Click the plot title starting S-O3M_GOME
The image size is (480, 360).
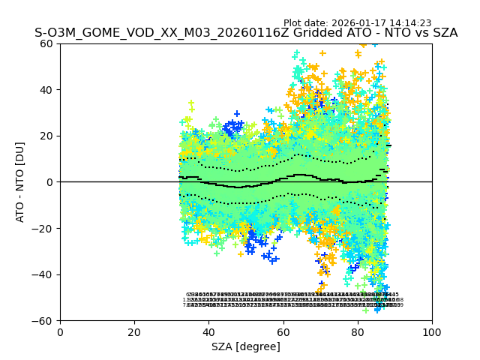pyautogui.click(x=246, y=33)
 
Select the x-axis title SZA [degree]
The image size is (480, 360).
pyautogui.click(x=246, y=346)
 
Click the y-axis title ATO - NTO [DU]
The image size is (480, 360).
pyautogui.click(x=20, y=182)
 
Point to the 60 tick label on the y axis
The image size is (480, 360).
pyautogui.click(x=46, y=43)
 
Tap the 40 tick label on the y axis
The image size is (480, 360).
pyautogui.click(x=46, y=90)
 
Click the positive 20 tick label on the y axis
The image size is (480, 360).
pyautogui.click(x=46, y=136)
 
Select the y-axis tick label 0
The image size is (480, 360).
pyautogui.click(x=49, y=182)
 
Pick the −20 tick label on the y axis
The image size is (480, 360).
pyautogui.click(x=43, y=229)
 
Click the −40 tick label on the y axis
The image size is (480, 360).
pyautogui.click(x=43, y=274)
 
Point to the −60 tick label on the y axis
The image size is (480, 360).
pyautogui.click(x=43, y=321)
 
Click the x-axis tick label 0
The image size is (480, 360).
pyautogui.click(x=60, y=332)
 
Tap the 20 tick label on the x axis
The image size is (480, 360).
pyautogui.click(x=134, y=332)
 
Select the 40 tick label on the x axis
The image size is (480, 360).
pyautogui.click(x=208, y=332)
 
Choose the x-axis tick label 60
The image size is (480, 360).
pyautogui.click(x=283, y=332)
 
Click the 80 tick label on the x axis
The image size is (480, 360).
pyautogui.click(x=358, y=332)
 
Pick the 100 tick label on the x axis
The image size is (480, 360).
pyautogui.click(x=432, y=332)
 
